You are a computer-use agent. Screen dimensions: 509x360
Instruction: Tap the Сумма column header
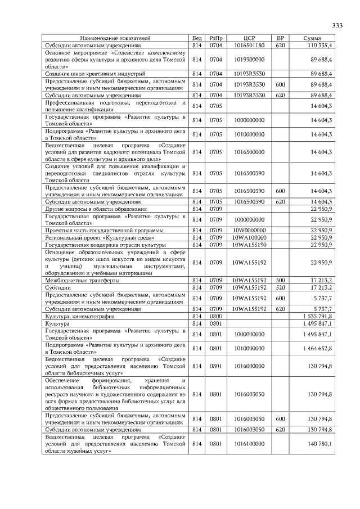pyautogui.click(x=312, y=38)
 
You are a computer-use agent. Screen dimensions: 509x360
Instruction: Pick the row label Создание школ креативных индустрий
pyautogui.click(x=95, y=73)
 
